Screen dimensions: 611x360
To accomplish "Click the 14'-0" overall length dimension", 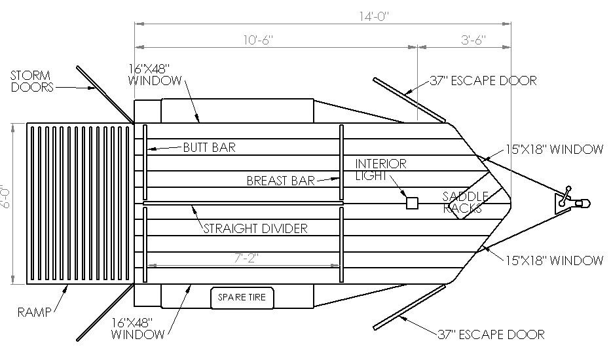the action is coord(374,16).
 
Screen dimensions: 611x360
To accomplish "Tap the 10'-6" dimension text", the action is coord(259,40).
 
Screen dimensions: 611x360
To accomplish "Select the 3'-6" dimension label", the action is coord(473,40).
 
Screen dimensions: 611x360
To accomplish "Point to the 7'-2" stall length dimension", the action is coord(247,257).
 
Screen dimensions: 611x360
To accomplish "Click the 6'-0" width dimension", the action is coord(5,196).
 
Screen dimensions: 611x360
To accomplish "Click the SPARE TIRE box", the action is coord(242,298).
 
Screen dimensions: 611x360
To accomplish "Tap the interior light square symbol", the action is coord(412,203).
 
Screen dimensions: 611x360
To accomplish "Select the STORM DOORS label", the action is coord(32,81).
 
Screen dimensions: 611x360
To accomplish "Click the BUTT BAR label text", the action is coord(210,147).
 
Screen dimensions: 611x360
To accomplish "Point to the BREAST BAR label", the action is coord(280,181).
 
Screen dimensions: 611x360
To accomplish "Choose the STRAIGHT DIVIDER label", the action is coord(255,228).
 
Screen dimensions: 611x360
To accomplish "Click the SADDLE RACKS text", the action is coord(465,202).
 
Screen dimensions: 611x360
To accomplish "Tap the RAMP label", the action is coord(34,312).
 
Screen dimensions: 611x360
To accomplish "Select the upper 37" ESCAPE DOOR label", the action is coord(483,81).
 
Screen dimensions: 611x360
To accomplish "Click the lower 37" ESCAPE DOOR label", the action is coord(491,334).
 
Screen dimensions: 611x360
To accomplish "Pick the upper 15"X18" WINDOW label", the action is coord(554,149).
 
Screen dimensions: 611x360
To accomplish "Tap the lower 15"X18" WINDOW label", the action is coord(554,261).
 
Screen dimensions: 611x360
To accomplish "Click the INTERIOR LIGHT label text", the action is coord(380,170).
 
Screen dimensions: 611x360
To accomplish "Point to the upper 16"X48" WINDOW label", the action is coord(155,75).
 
